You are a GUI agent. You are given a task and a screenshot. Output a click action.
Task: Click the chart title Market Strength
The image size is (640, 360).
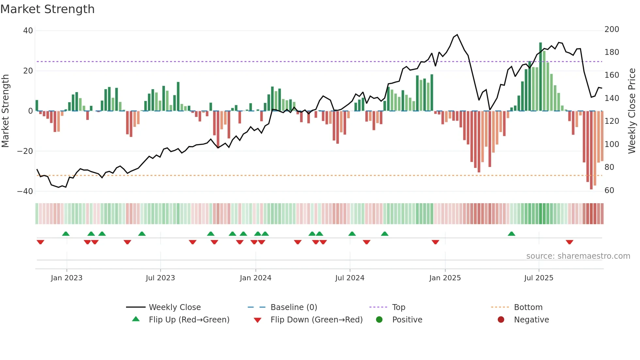coord(47,9)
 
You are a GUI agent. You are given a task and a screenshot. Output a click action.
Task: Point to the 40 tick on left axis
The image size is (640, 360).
coord(28,31)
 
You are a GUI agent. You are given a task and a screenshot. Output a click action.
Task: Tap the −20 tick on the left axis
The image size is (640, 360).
coord(25,151)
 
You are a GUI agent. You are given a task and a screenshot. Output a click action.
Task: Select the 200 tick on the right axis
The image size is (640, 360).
coord(612,29)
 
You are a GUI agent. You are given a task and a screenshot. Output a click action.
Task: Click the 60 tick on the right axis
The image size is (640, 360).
coord(609,190)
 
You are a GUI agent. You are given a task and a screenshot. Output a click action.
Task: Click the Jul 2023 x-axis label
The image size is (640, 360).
coord(160,278)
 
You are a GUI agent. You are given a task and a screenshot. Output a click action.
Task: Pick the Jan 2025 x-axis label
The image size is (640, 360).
coord(445,278)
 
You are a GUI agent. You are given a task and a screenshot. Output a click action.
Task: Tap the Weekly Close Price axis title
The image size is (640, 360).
coord(632,111)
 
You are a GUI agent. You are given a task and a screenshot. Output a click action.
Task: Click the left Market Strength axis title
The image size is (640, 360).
coord(5,111)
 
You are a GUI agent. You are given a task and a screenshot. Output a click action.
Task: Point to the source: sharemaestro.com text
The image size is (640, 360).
coord(578,256)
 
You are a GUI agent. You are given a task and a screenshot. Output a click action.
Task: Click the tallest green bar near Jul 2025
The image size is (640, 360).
coord(540,77)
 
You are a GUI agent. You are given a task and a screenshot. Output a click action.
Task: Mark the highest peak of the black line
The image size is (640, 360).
coord(457,35)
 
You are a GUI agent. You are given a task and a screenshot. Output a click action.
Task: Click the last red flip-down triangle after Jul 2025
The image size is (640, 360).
coord(569,242)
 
